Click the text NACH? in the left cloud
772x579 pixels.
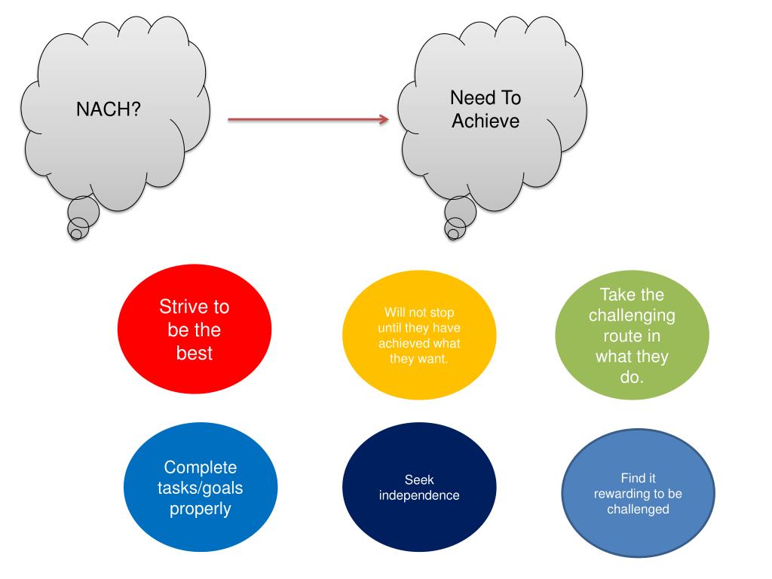109,109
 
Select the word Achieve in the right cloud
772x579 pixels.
486,121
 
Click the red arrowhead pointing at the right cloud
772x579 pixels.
384,119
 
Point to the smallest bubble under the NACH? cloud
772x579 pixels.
75,234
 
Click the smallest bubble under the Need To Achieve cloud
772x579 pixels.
452,234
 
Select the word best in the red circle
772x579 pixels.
195,353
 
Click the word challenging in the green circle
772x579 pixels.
632,314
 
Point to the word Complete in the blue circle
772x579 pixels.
200,467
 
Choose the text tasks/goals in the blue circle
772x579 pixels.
200,489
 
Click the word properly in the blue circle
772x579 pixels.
200,509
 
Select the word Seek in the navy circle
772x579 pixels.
419,479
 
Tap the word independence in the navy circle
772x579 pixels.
419,495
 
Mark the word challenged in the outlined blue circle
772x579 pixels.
638,509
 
